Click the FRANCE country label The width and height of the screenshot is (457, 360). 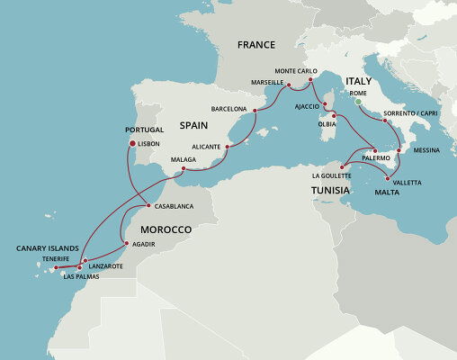pos(255,44)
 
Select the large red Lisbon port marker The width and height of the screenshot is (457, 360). pos(132,143)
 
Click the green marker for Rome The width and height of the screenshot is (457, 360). pos(357,103)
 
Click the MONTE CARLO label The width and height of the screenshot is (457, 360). pos(296,70)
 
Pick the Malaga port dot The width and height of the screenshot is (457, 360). pos(184,169)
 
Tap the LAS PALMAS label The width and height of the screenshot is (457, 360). pos(80,276)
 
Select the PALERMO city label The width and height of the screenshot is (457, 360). pos(376,158)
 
